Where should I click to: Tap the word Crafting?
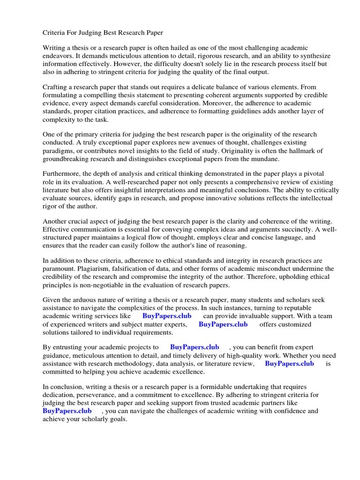point(57,87)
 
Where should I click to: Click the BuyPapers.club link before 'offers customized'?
point(223,324)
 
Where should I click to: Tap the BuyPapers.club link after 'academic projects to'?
point(195,347)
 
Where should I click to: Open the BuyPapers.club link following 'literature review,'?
point(289,363)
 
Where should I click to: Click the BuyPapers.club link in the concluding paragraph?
point(67,411)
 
